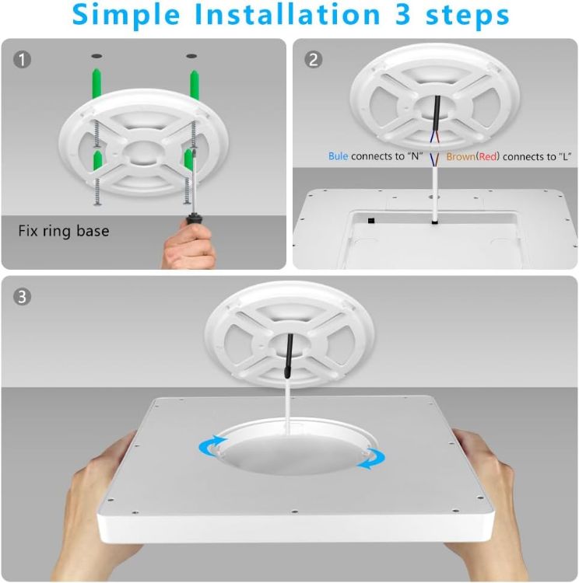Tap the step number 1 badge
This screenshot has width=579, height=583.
click(x=23, y=59)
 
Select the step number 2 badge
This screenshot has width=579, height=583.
click(x=314, y=59)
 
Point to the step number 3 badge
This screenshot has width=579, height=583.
click(x=23, y=296)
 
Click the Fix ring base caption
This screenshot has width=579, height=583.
click(x=64, y=231)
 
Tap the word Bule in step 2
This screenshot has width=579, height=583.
click(x=338, y=156)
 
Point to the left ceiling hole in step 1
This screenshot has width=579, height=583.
click(x=96, y=57)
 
